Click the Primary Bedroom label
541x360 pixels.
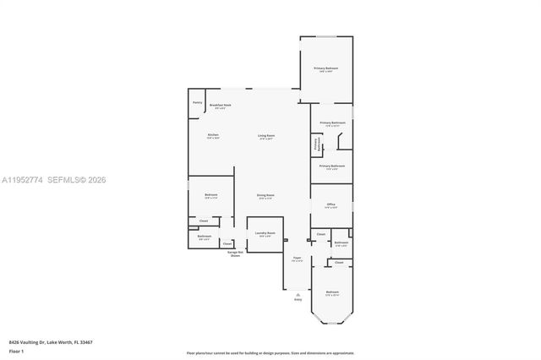pos(326,69)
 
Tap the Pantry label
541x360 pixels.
pos(197,102)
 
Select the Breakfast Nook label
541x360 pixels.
pos(222,106)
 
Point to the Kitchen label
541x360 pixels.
pos(213,136)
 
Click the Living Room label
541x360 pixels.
pos(266,137)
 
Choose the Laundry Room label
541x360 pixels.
pos(265,236)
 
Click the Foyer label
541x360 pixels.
pos(298,259)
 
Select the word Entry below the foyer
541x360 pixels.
pos(298,299)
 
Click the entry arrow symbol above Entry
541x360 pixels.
pos(298,292)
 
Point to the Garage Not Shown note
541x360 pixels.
pos(235,254)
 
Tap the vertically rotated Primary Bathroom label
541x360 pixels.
pos(317,145)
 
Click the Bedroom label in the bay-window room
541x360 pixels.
pos(331,294)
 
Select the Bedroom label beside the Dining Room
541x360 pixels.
pos(211,196)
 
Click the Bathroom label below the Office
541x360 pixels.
pos(340,243)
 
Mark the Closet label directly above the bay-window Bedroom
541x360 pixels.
pos(339,263)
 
